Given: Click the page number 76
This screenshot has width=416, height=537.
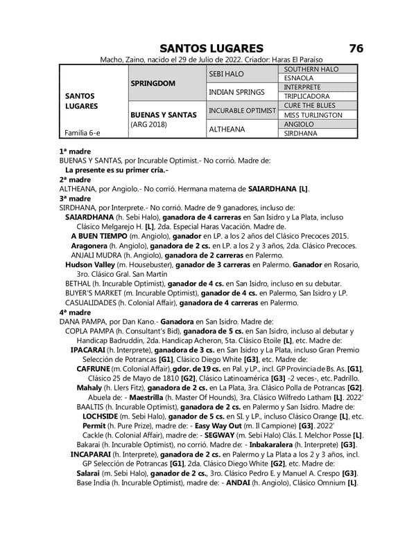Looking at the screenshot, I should coord(356,48).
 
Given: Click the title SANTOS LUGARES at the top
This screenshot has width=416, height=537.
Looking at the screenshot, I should coord(211,48).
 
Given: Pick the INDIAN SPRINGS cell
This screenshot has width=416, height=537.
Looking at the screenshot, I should coord(236,92).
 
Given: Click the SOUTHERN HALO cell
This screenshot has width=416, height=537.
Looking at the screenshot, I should coord(311,69).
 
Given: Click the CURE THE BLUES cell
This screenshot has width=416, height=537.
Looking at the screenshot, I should coord(310,106).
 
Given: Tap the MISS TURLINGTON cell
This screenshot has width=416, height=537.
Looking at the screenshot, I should coord(313,115).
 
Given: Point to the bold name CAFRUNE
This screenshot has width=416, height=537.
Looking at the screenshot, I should coord(98,369).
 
